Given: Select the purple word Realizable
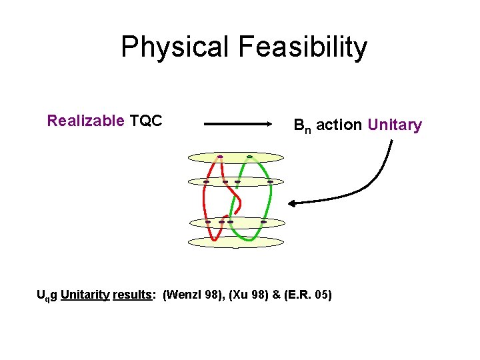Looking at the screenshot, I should [x=85, y=121].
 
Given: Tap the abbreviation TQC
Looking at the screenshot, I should [x=147, y=121].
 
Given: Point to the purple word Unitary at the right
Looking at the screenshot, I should [x=395, y=125].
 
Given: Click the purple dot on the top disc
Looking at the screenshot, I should [x=220, y=157].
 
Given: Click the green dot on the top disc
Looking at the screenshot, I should [x=249, y=157].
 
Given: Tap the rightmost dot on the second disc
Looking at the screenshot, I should [x=270, y=181].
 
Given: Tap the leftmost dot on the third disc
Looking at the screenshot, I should [x=208, y=221].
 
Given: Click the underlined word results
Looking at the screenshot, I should [x=133, y=294].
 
